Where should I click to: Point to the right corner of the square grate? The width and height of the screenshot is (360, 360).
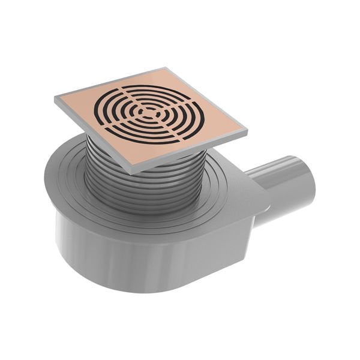[x=246, y=129]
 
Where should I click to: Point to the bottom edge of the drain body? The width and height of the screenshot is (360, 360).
[x=138, y=288]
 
